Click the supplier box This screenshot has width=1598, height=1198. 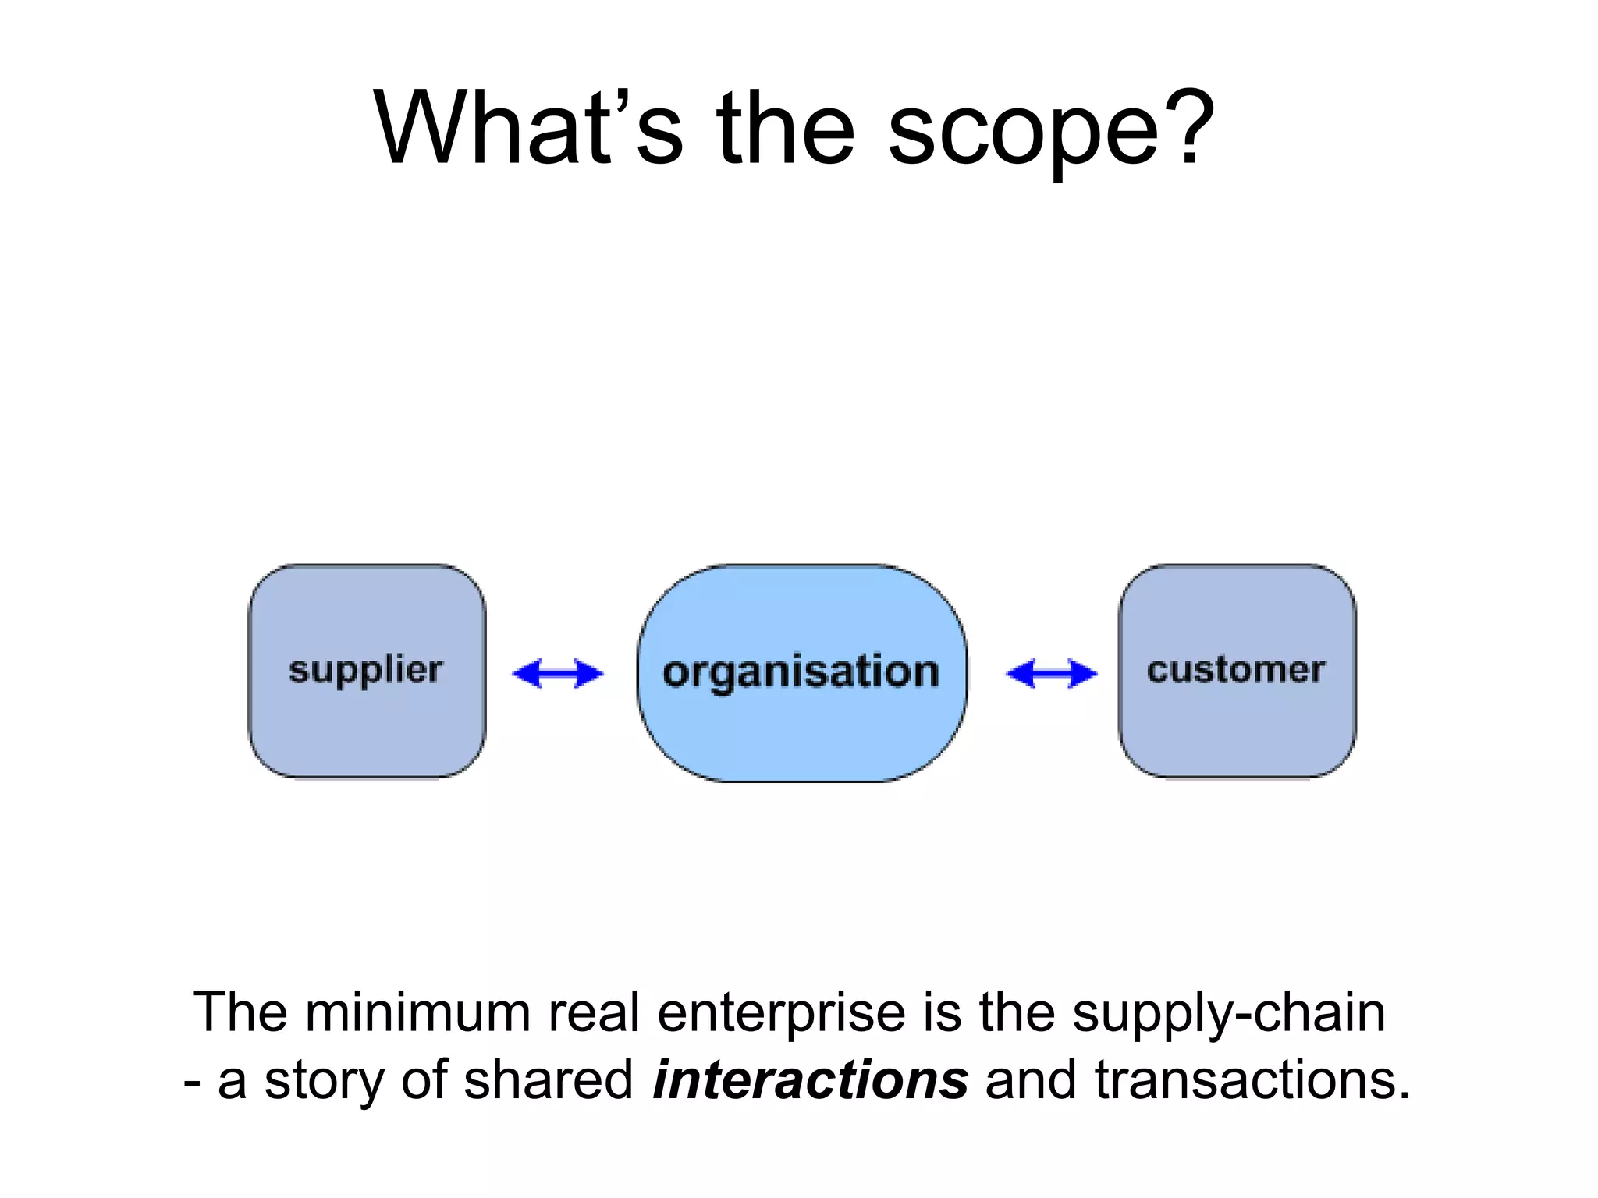pyautogui.click(x=367, y=671)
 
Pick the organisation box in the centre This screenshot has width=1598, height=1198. pyautogui.click(x=801, y=672)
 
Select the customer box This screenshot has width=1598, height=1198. pyautogui.click(x=1236, y=671)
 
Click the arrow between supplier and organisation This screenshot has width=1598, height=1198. pyautogui.click(x=557, y=673)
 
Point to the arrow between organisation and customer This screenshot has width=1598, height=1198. pyautogui.click(x=1051, y=673)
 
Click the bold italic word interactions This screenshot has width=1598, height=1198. pyautogui.click(x=810, y=1080)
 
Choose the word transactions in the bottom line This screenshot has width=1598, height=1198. pyautogui.click(x=1252, y=1080)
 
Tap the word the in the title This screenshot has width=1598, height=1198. pyautogui.click(x=785, y=129)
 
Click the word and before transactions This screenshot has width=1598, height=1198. pyautogui.click(x=1031, y=1080)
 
